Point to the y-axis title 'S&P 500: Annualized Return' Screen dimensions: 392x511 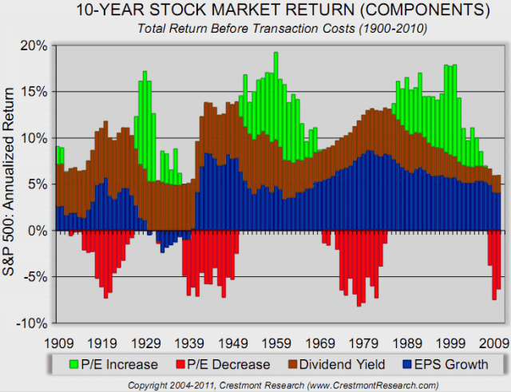point(12,184)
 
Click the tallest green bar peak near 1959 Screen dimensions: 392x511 point(275,54)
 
